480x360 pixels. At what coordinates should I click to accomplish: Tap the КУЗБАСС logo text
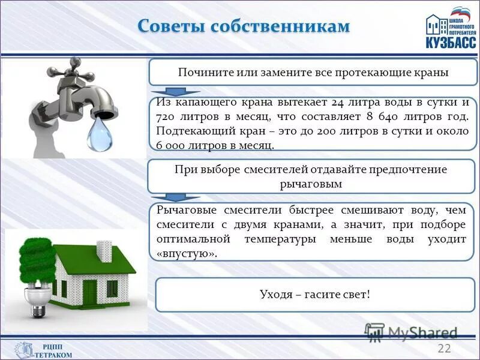(451, 43)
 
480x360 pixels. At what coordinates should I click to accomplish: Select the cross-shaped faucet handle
(72, 71)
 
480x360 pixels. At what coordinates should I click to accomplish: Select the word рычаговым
(311, 184)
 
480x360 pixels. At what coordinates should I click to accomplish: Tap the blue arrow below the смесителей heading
(174, 197)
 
